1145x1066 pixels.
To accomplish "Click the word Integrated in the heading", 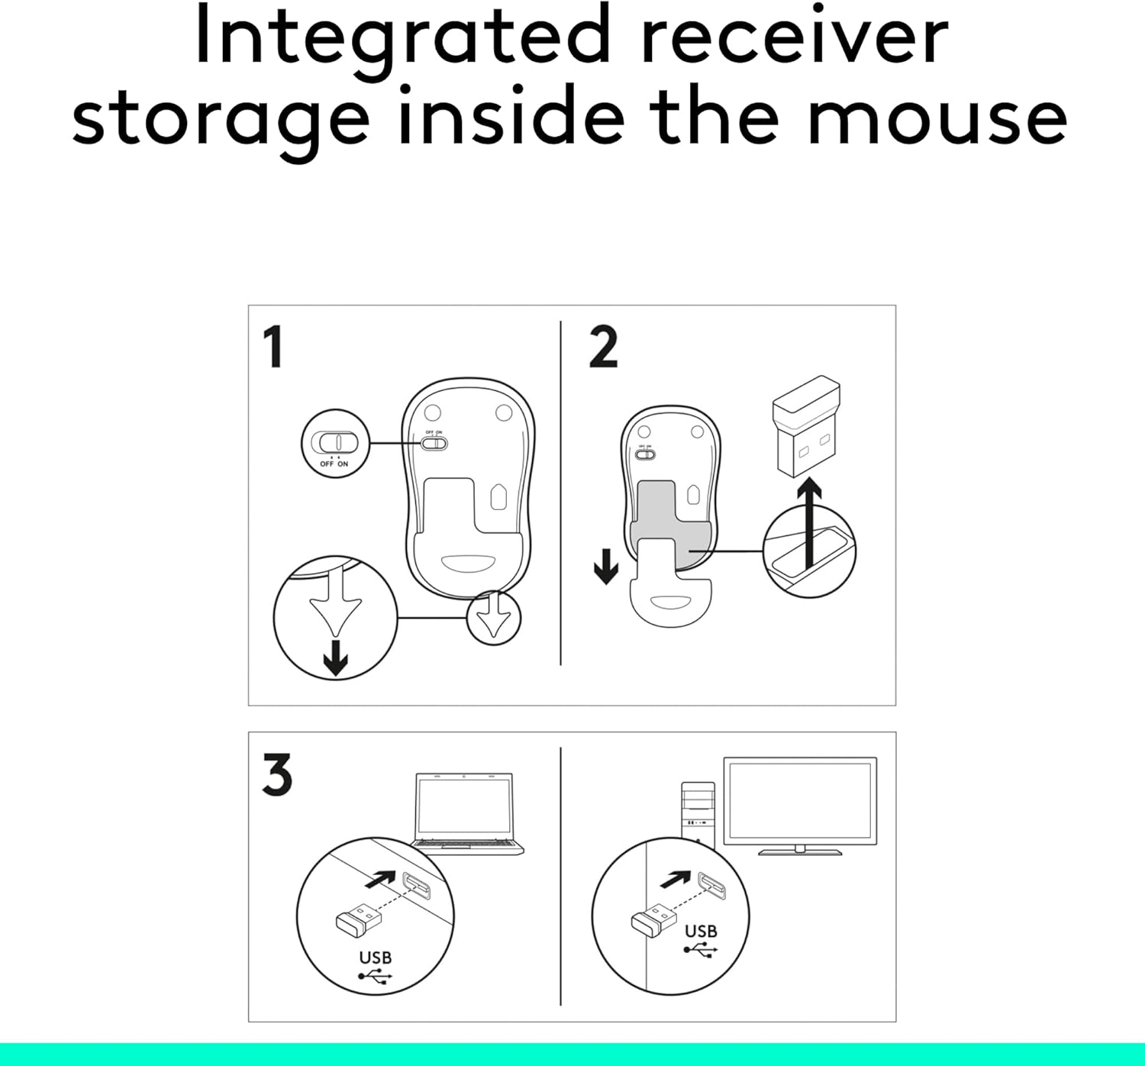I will click(x=403, y=38).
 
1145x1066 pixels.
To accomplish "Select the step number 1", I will click(x=273, y=347).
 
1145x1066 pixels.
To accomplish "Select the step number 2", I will click(x=603, y=347).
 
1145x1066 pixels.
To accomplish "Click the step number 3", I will click(x=276, y=775).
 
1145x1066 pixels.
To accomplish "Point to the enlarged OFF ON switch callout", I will click(x=335, y=444).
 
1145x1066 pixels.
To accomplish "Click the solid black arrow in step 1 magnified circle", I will click(x=335, y=658).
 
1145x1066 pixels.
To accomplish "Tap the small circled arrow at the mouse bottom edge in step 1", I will click(x=494, y=617).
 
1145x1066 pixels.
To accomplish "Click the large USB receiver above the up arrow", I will click(x=806, y=425).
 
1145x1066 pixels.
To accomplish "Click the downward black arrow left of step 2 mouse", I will click(x=606, y=567).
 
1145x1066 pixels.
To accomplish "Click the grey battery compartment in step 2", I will click(x=664, y=512).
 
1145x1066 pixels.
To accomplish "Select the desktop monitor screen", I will click(x=799, y=800).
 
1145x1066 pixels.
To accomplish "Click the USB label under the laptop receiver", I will click(x=375, y=958).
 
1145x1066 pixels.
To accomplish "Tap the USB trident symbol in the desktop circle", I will click(x=700, y=950).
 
